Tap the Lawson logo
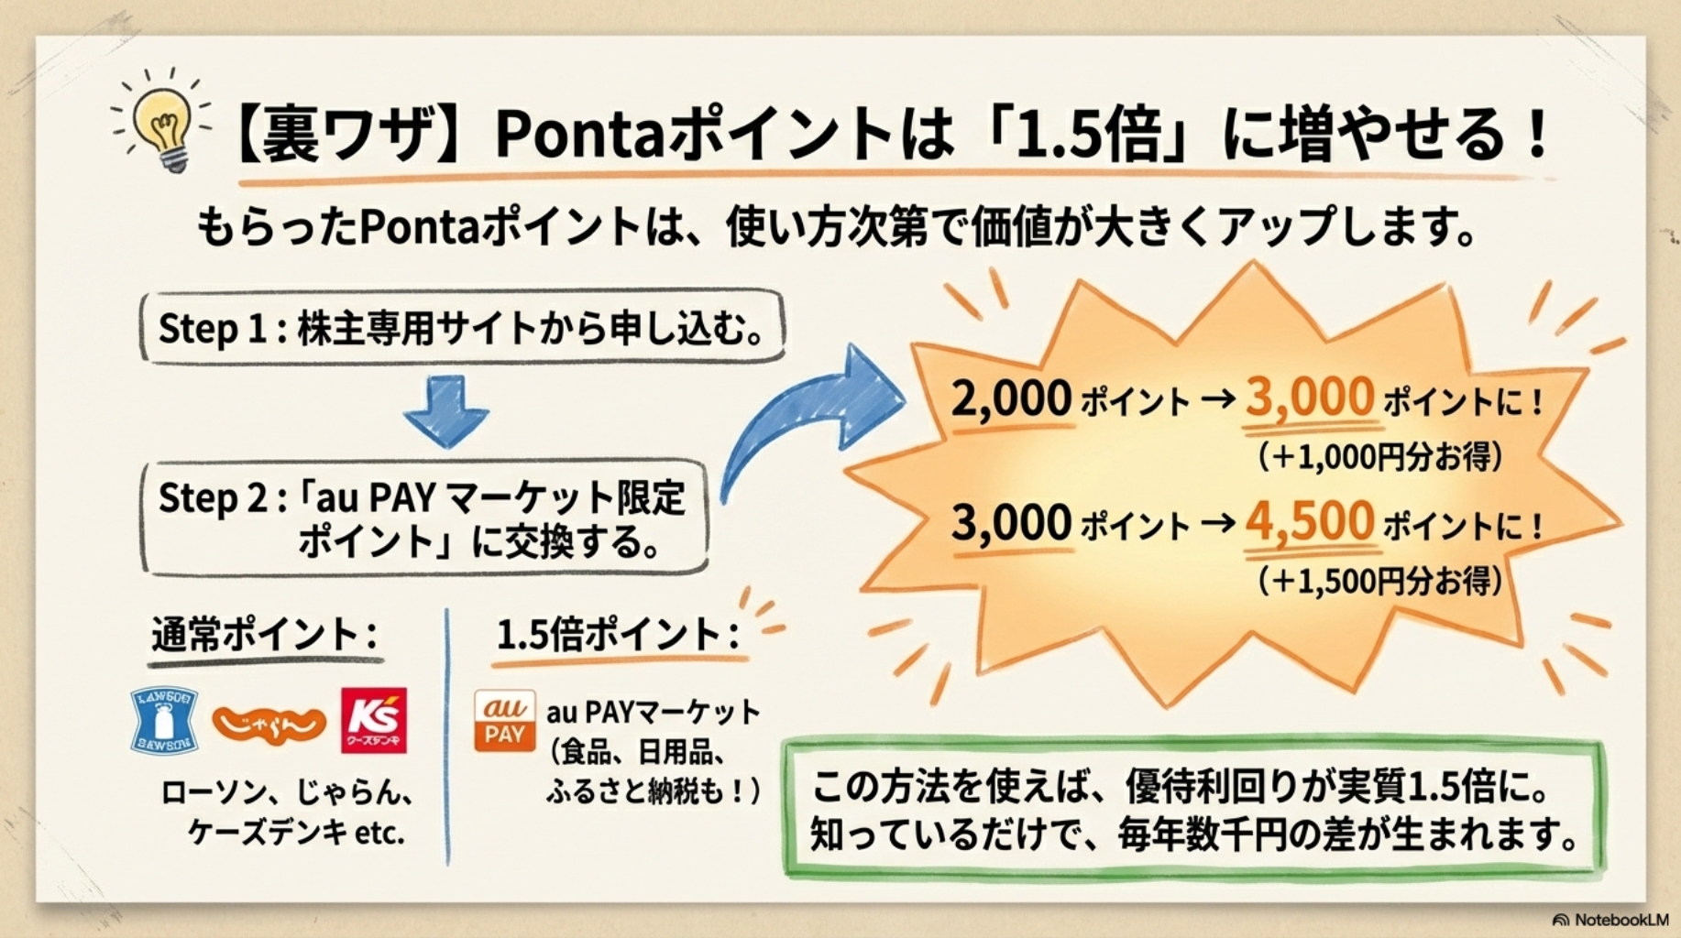164,719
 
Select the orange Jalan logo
269,724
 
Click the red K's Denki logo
373,721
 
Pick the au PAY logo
504,721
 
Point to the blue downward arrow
446,410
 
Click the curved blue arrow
807,412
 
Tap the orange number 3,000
1309,398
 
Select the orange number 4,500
1309,522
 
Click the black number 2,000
1011,399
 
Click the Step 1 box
463,328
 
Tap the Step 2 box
424,518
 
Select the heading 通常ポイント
265,634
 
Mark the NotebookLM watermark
1611,919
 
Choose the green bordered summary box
1194,809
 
